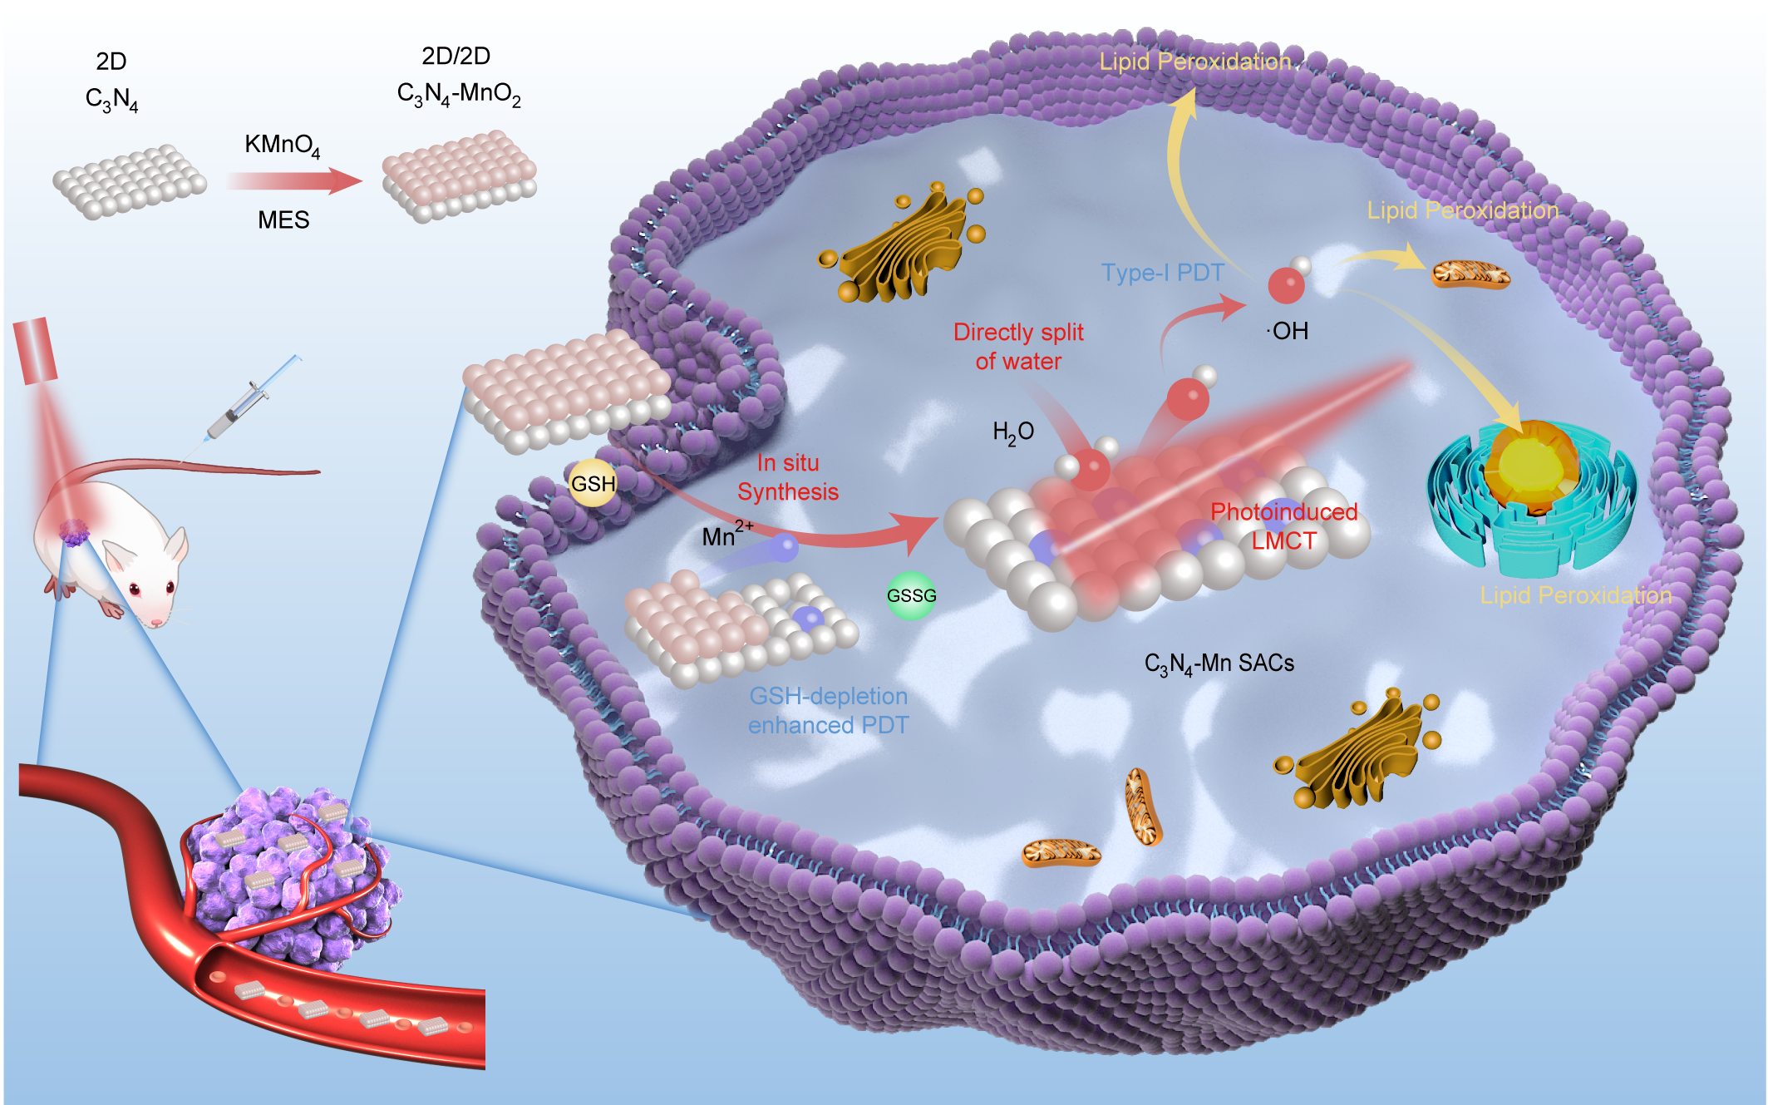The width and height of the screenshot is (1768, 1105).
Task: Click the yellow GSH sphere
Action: click(x=593, y=483)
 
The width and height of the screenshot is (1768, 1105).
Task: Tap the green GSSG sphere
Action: click(x=911, y=595)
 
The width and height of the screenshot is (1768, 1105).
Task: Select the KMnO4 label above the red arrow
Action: click(x=282, y=145)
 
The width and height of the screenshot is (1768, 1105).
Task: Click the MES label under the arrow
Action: click(x=283, y=220)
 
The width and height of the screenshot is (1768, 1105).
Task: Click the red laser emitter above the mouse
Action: click(x=35, y=350)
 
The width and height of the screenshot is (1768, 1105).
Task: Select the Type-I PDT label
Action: click(x=1162, y=273)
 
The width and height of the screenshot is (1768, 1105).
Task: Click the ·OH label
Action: click(x=1288, y=331)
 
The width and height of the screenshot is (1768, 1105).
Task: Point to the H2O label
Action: click(x=1013, y=432)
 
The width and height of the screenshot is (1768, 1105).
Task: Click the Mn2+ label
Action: click(x=726, y=535)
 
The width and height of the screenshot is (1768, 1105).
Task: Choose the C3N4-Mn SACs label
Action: click(x=1219, y=663)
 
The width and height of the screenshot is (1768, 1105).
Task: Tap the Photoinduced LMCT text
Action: click(x=1283, y=525)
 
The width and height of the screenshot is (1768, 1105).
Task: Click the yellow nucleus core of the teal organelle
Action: click(x=1531, y=463)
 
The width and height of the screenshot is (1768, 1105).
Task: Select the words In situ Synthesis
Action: click(x=788, y=477)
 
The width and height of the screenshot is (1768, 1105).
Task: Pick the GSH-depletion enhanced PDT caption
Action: click(x=828, y=710)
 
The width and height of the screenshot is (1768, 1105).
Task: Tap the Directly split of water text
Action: click(x=1018, y=346)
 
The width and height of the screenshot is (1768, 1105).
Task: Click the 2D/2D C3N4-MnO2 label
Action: click(x=458, y=76)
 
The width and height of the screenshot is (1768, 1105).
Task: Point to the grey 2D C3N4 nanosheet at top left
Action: click(x=130, y=182)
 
